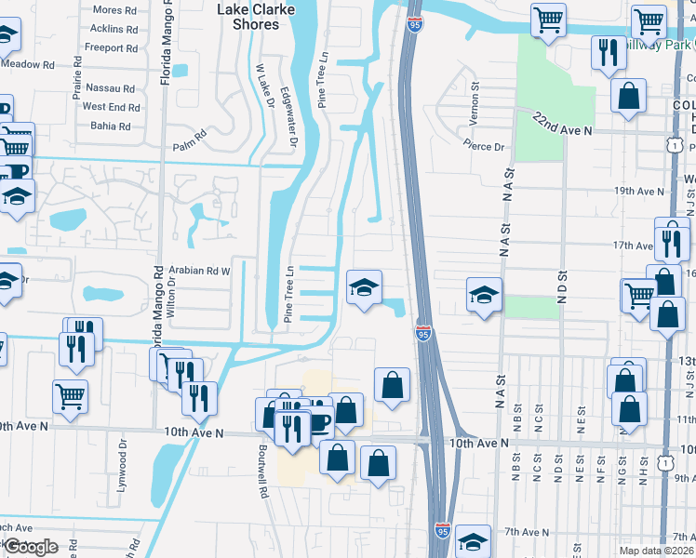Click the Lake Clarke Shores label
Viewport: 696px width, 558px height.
pyautogui.click(x=255, y=17)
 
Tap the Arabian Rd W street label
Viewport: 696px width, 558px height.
pyautogui.click(x=198, y=271)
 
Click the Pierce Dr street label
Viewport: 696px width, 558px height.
pyautogui.click(x=484, y=146)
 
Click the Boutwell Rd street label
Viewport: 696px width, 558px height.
pyautogui.click(x=264, y=471)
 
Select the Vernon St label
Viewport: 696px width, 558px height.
pyautogui.click(x=475, y=98)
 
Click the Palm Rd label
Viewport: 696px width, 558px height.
pyautogui.click(x=187, y=146)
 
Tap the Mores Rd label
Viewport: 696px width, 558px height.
pyautogui.click(x=114, y=10)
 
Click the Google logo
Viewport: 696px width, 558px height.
pyautogui.click(x=31, y=547)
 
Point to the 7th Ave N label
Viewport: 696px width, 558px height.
pyautogui.click(x=525, y=532)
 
